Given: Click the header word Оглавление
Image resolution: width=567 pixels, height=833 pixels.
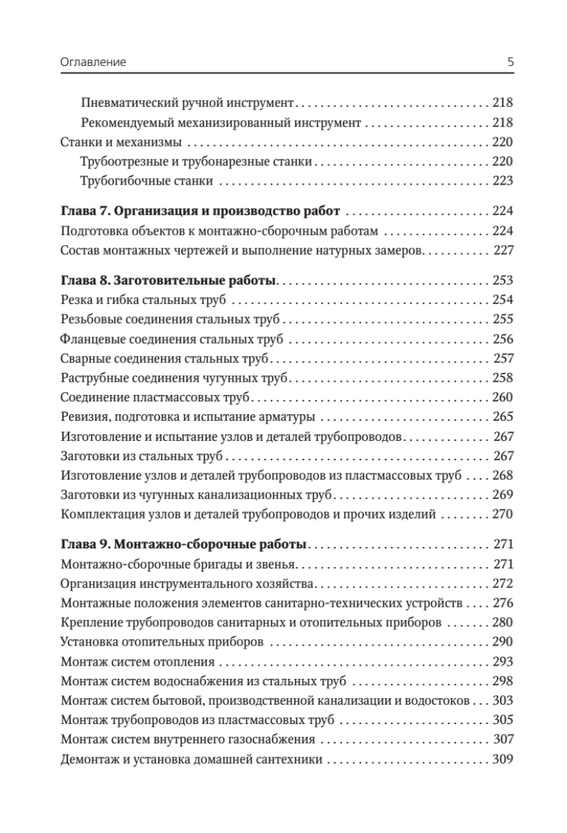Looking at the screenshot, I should tap(93, 62).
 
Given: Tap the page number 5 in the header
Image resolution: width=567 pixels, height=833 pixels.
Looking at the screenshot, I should tap(510, 62).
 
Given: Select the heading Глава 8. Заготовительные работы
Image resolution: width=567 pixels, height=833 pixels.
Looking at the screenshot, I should tap(169, 280).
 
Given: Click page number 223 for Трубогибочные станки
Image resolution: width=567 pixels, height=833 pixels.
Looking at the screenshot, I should tap(501, 182).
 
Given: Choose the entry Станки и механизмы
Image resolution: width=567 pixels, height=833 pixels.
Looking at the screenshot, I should tap(121, 142).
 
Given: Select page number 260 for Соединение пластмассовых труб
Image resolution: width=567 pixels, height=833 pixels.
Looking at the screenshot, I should tap(501, 398).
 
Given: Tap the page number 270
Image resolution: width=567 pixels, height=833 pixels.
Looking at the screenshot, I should tap(501, 514).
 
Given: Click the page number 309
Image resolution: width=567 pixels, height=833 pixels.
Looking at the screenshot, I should tap(501, 759).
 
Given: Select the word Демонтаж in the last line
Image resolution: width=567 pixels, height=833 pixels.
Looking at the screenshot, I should tap(89, 759).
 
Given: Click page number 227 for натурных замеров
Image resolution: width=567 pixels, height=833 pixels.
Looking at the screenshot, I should tap(502, 251).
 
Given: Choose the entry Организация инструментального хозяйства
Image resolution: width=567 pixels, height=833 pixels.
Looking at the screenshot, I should tap(188, 583).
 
